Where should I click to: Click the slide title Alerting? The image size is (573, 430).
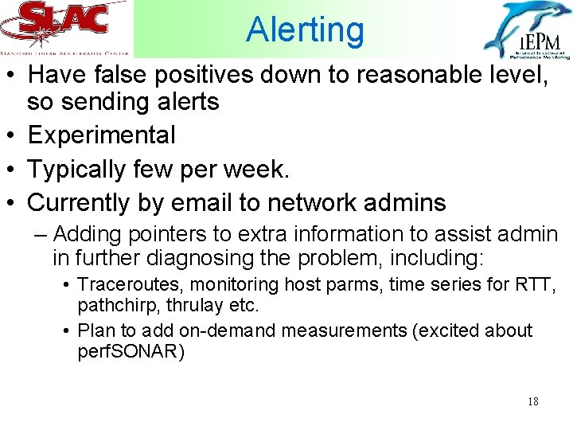pyautogui.click(x=305, y=30)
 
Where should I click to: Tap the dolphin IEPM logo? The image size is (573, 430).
pyautogui.click(x=526, y=30)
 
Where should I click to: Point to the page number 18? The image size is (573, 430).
pyautogui.click(x=532, y=401)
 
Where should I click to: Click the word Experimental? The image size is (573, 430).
pyautogui.click(x=101, y=135)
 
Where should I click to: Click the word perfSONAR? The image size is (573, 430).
pyautogui.click(x=131, y=352)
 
